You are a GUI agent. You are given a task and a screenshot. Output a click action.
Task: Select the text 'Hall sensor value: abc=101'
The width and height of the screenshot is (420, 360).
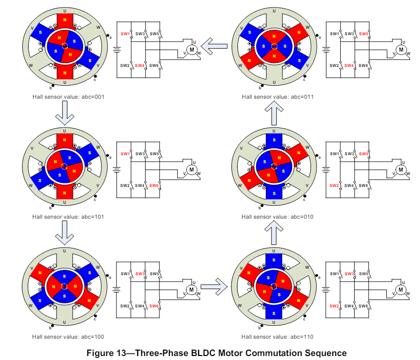tap(68, 217)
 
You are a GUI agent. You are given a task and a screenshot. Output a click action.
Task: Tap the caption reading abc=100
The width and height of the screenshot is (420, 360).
tap(68, 337)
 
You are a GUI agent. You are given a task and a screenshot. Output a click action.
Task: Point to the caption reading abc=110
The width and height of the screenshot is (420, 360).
tap(277, 337)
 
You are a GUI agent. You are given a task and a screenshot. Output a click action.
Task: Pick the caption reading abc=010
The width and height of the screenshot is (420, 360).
tap(277, 217)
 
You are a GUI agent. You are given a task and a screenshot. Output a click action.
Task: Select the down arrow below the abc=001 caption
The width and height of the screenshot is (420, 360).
tap(65, 113)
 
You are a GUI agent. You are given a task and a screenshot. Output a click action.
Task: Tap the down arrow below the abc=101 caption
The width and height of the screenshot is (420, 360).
tap(65, 234)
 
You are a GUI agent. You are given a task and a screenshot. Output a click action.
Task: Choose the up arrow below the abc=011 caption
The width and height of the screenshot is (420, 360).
tap(274, 113)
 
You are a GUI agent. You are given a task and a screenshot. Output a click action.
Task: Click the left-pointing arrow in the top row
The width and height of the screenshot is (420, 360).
tap(214, 47)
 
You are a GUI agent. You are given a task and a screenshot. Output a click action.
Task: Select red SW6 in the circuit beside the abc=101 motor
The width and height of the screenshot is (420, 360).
tap(154, 185)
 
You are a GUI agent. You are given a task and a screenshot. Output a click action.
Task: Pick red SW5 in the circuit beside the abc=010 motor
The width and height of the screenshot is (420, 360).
tap(364, 154)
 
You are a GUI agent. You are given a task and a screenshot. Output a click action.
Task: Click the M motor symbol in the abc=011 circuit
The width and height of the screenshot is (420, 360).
tap(401, 49)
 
